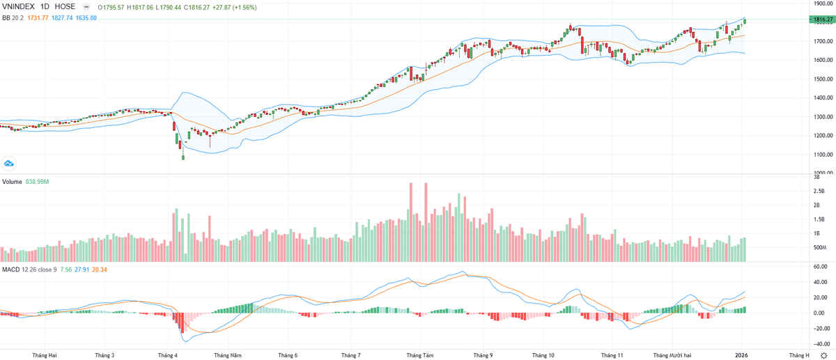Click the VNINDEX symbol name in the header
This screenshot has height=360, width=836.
pos(18,6)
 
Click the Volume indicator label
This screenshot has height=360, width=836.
pos(12,182)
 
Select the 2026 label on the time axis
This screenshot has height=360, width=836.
pos(743,354)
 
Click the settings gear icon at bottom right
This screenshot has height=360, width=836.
pos(823,355)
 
